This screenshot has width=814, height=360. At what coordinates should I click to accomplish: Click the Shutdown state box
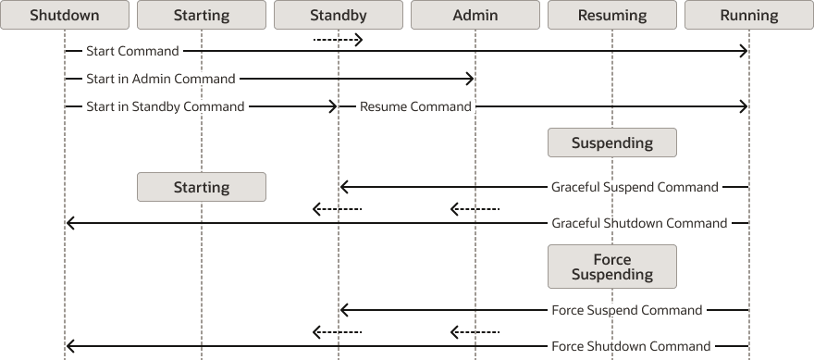click(65, 15)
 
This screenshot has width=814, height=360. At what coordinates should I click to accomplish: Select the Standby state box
click(339, 15)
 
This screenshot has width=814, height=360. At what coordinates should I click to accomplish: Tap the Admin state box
click(475, 15)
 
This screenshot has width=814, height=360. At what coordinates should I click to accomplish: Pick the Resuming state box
click(612, 15)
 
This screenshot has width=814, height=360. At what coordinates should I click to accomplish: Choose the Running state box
click(749, 15)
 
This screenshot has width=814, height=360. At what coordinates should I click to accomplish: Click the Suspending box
click(612, 143)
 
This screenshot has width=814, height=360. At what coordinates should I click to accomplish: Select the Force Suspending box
click(612, 267)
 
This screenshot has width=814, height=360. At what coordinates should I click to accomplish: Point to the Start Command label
click(132, 51)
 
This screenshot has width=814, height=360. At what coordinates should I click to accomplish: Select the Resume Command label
click(415, 106)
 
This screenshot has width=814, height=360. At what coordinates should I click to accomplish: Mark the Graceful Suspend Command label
click(635, 187)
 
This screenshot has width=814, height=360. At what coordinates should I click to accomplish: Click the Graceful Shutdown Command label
click(639, 223)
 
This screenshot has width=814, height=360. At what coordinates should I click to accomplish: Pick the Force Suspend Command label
click(626, 310)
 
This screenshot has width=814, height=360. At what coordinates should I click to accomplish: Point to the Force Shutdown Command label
click(631, 346)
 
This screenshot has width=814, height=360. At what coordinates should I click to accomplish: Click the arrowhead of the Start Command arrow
click(743, 51)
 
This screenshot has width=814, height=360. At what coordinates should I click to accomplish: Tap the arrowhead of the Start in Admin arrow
click(470, 79)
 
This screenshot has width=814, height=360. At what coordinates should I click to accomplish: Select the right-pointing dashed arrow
click(338, 39)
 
